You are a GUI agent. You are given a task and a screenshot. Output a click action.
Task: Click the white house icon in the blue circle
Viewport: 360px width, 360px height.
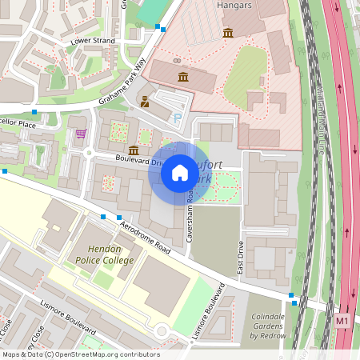tap(180, 172)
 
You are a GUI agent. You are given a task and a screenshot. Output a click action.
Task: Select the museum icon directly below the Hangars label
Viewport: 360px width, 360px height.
tap(229, 33)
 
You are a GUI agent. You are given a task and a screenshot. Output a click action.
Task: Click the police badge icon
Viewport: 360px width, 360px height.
tap(145, 102)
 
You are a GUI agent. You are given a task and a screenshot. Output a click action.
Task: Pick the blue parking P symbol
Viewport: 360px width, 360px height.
tap(178, 118)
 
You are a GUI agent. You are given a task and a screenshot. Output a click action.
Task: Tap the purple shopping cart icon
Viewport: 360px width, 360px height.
tap(80, 133)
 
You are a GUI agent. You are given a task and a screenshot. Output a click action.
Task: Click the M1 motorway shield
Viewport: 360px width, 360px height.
tap(343, 321)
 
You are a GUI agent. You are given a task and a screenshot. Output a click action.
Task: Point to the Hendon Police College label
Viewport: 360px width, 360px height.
tap(105, 254)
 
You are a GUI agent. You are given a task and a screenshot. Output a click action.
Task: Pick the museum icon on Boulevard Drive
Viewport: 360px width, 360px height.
tap(134, 150)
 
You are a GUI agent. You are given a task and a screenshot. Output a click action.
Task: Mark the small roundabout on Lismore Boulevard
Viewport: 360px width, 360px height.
tap(162, 330)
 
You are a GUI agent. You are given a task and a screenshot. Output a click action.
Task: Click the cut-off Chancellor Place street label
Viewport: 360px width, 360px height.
tap(18, 125)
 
